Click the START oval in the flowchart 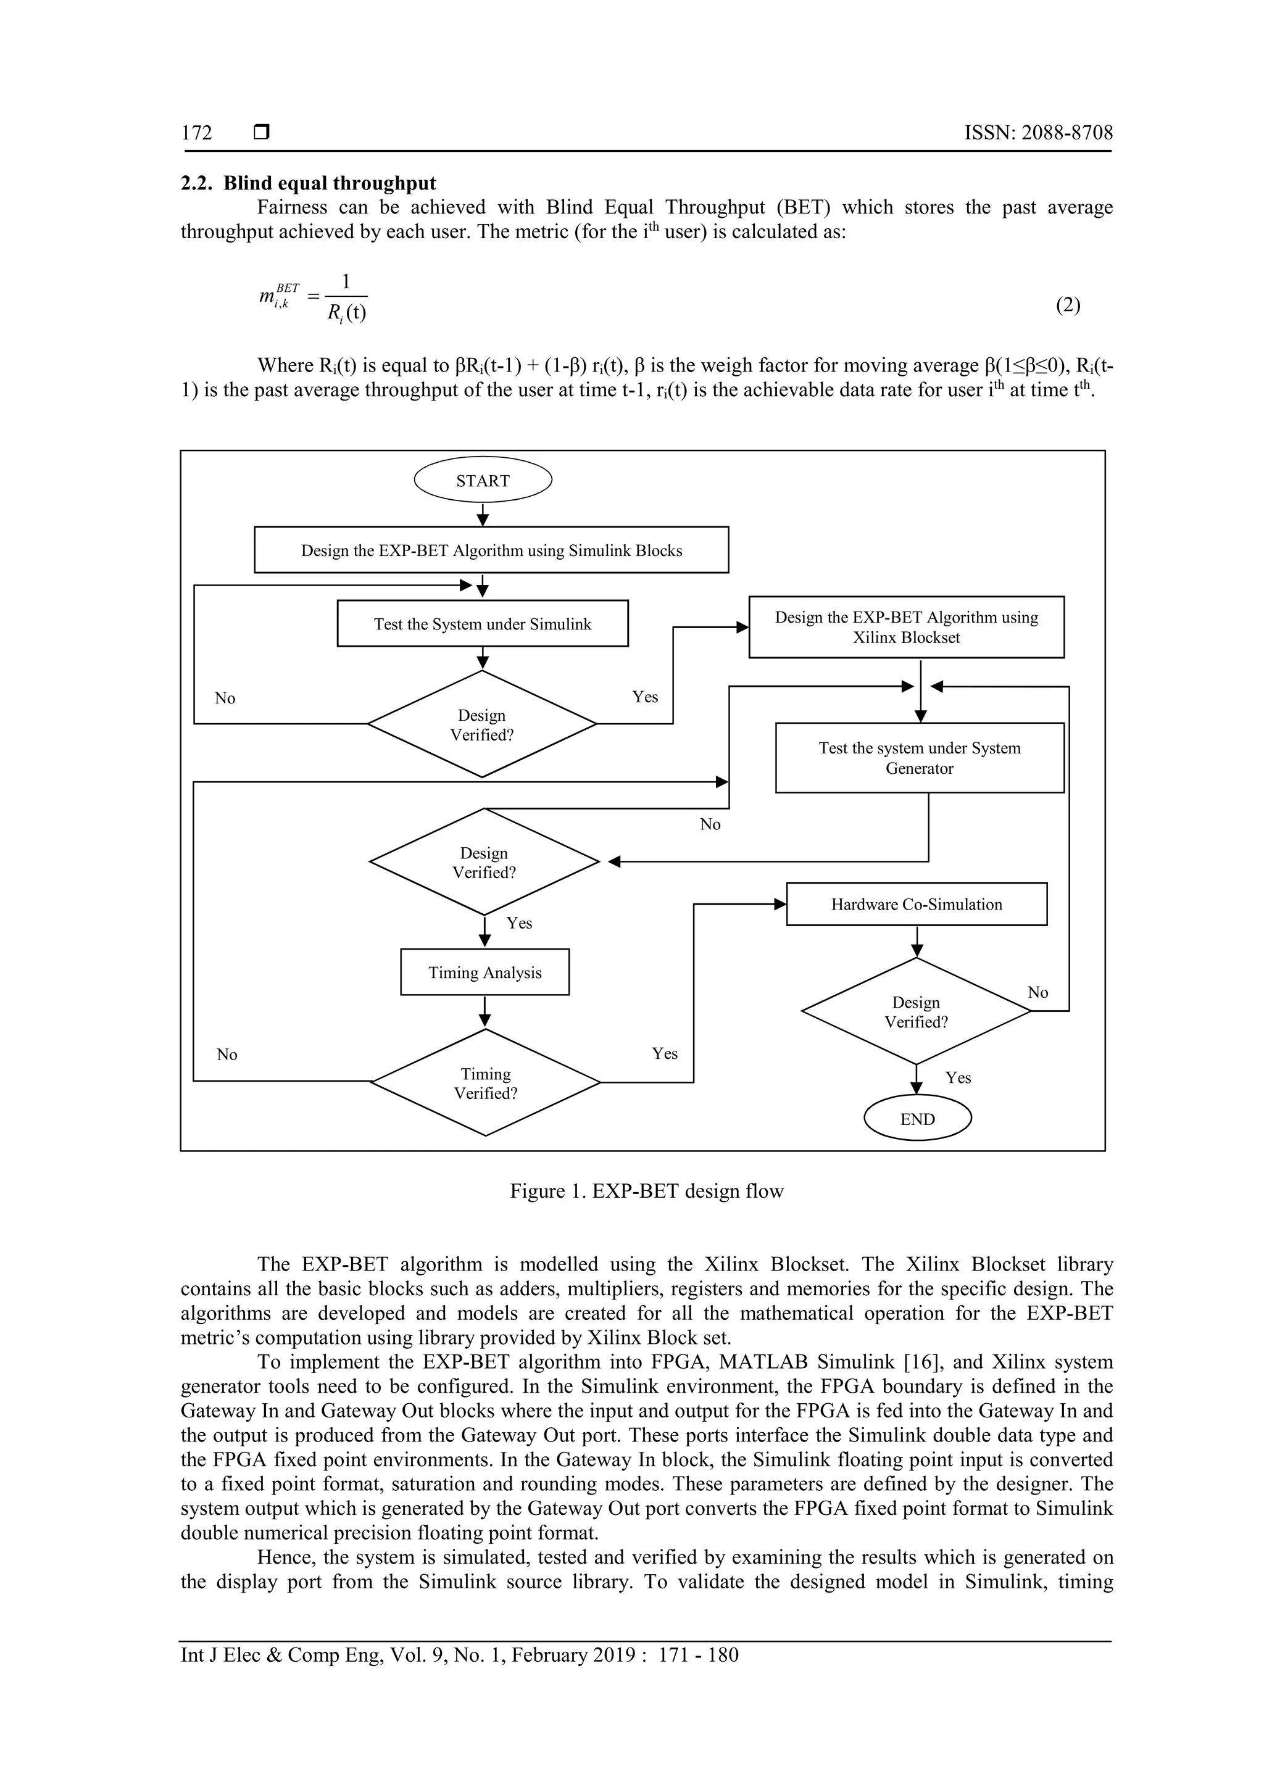tap(483, 480)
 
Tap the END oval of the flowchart tap(918, 1119)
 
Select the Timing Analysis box tap(485, 972)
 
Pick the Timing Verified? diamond tap(486, 1083)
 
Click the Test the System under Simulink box tap(483, 623)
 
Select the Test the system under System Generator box tap(919, 758)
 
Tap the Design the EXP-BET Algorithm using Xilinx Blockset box tap(906, 628)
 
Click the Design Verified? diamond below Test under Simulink tap(482, 724)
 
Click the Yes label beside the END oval tap(958, 1077)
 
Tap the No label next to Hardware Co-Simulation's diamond tap(1037, 992)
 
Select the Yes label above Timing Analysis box tap(519, 923)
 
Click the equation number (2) tap(1068, 305)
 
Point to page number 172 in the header tap(197, 133)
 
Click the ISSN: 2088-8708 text tap(1038, 133)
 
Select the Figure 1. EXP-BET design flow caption tap(647, 1191)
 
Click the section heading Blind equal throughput tap(329, 184)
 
